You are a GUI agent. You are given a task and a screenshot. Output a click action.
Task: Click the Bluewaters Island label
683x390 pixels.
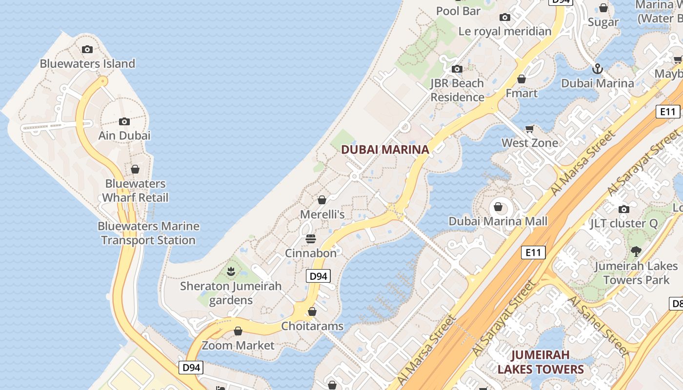point(87,63)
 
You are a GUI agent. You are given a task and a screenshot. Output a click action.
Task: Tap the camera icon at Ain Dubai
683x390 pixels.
point(124,121)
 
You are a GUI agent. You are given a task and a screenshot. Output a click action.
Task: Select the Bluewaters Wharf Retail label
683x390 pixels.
point(135,191)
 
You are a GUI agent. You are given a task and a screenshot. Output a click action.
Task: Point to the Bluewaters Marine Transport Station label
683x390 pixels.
point(148,233)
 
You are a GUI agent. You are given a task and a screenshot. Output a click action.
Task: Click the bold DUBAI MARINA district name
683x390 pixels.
point(385,150)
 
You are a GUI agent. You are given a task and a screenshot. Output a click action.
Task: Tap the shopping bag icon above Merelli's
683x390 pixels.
point(322,200)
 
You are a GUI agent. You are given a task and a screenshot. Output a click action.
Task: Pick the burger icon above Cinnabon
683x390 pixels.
point(311,239)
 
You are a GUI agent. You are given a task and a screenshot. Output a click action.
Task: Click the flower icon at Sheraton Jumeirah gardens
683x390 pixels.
point(231,271)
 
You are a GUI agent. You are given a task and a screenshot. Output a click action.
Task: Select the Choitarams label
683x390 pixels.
point(312,326)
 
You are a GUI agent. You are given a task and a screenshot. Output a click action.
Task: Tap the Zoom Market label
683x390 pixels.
point(239,346)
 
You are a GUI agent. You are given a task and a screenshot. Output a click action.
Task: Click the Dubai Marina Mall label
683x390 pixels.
point(498,221)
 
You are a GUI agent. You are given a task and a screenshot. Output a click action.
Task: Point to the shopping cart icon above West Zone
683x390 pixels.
point(530,129)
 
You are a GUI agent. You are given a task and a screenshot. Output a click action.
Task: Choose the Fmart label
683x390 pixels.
point(522,93)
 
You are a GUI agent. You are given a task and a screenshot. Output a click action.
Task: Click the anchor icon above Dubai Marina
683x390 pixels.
point(598,69)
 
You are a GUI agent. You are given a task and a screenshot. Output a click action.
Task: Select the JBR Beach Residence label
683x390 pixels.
point(457,90)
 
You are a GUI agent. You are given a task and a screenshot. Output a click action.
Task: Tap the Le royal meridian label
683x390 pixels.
point(505,31)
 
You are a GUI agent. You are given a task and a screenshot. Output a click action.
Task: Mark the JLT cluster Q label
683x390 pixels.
point(623,224)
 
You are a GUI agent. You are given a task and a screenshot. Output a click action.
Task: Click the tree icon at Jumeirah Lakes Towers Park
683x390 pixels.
point(636,252)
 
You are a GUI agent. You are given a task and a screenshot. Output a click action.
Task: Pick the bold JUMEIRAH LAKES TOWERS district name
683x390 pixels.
point(541,362)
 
